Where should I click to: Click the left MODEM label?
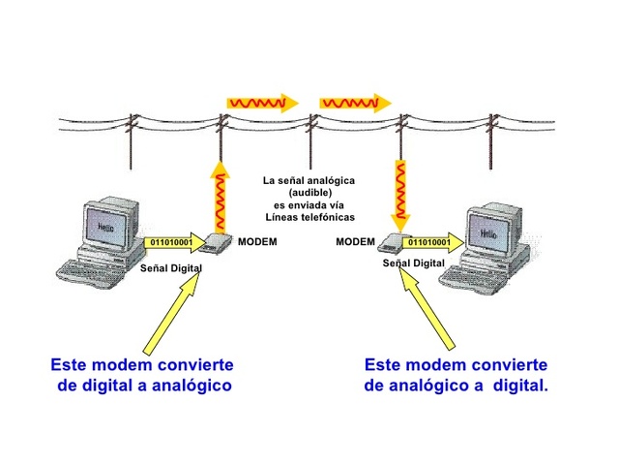coord(257,241)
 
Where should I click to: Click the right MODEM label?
coord(355,241)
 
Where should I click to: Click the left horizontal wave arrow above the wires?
coord(259,102)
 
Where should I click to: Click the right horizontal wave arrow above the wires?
coord(355,102)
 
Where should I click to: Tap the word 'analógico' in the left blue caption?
coord(189,386)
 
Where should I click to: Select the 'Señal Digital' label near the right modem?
coord(414,263)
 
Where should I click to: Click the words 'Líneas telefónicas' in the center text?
coord(309,217)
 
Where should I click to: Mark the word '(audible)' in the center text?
coord(309,193)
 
